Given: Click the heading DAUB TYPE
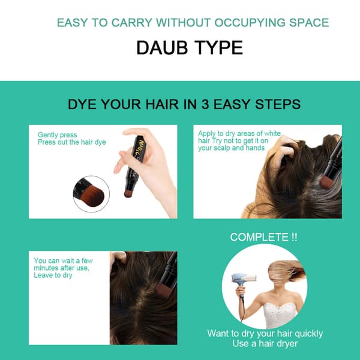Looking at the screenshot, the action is tap(190, 47).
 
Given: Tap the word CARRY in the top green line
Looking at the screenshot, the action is tap(132, 23).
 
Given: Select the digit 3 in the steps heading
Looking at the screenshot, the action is tap(205, 104).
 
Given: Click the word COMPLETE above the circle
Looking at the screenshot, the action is tap(259, 237).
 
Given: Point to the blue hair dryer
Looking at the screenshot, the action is tap(243, 280).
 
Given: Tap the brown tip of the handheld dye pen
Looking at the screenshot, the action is tap(128, 193).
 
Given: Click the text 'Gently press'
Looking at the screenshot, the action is tap(58, 135).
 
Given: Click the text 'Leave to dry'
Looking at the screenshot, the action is tap(53, 275).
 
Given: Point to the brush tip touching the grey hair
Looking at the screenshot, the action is tap(326, 181).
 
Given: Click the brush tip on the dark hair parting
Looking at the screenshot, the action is tap(163, 289).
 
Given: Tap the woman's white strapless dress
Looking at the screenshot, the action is tap(280, 315).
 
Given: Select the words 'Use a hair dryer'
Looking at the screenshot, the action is tap(265, 343).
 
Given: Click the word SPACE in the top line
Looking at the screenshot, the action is tap(309, 23).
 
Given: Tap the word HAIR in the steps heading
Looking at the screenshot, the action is tap(162, 104).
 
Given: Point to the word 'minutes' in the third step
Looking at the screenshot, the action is tap(46, 268).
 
